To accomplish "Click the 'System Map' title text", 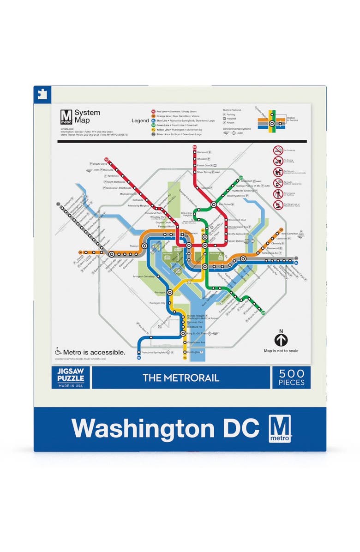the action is (x=87, y=116).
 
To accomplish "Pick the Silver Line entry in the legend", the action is (x=180, y=134).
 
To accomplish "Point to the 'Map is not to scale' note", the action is (x=281, y=351).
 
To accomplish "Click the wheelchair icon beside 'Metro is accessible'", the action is (x=59, y=351).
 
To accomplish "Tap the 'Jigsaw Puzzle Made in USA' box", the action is (x=70, y=377).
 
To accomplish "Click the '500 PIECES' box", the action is (x=291, y=377).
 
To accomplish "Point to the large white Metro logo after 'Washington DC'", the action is (x=281, y=428).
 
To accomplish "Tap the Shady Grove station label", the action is (x=100, y=164).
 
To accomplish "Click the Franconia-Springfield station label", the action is (x=153, y=352).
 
